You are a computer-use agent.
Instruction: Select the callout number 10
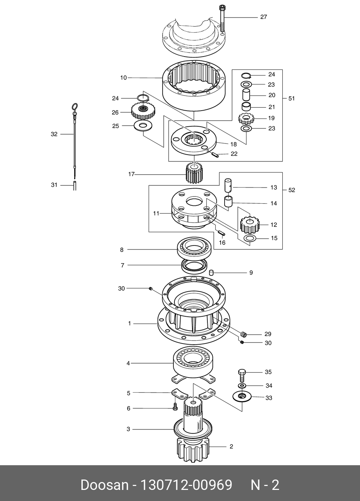pos(123,77)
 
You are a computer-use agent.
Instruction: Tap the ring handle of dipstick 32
pos(75,107)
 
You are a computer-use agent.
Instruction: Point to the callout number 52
pos(292,190)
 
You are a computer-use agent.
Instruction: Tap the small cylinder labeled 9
pos(211,273)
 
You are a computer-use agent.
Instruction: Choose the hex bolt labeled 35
pos(242,375)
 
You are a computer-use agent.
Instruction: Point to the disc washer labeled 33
pos(242,397)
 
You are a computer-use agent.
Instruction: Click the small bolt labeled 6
pos(175,407)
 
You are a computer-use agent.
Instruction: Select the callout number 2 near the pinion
pos(231,447)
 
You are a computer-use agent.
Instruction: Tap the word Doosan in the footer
pos(104,485)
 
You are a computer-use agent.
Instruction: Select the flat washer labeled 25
pos(143,126)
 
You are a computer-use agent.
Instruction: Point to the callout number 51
pos(292,98)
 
